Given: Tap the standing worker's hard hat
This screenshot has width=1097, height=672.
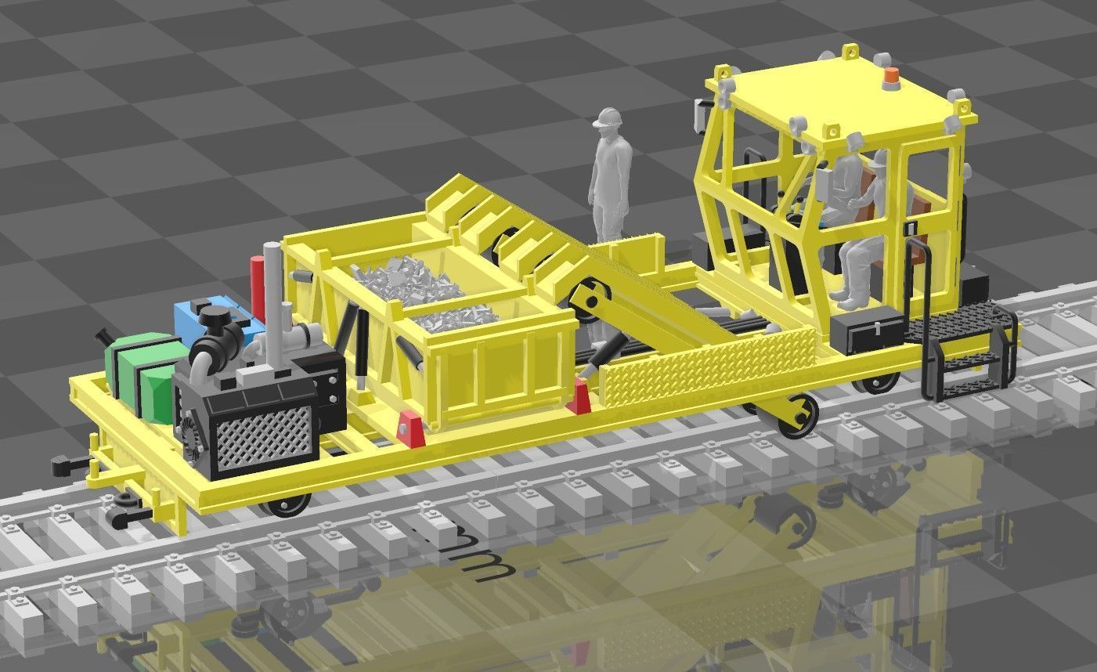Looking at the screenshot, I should [608, 117].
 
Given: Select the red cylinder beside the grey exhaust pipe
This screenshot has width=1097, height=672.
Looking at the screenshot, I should [258, 282].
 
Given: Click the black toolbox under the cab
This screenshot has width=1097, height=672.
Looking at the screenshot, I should [868, 329].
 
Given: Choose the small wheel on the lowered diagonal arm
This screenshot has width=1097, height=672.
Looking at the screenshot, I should [799, 413].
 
